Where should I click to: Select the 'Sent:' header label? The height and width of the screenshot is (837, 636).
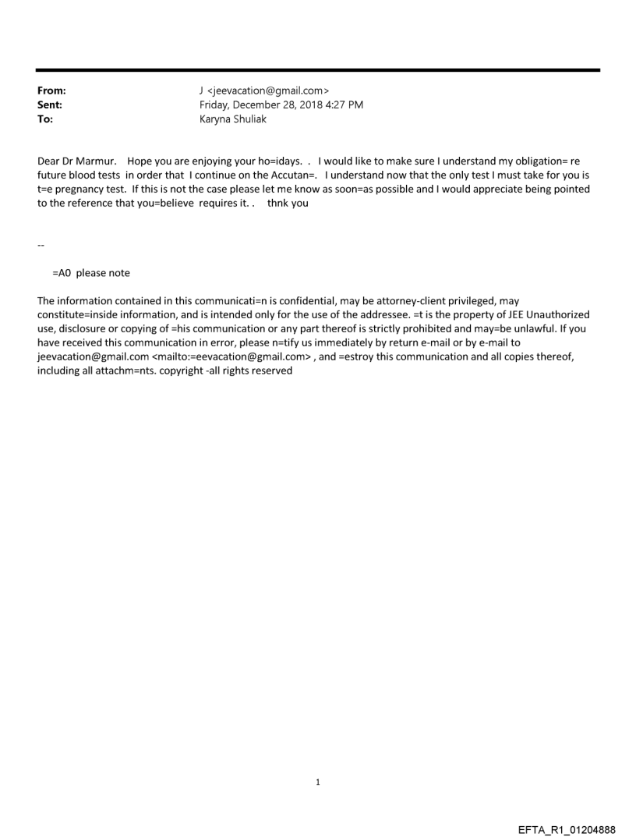pos(49,105)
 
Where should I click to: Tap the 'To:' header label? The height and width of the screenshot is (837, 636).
pos(45,119)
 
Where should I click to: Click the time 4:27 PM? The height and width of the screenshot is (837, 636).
pos(344,105)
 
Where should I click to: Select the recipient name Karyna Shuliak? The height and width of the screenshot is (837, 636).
pos(233,119)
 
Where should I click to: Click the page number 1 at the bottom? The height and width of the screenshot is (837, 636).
pos(318,782)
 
